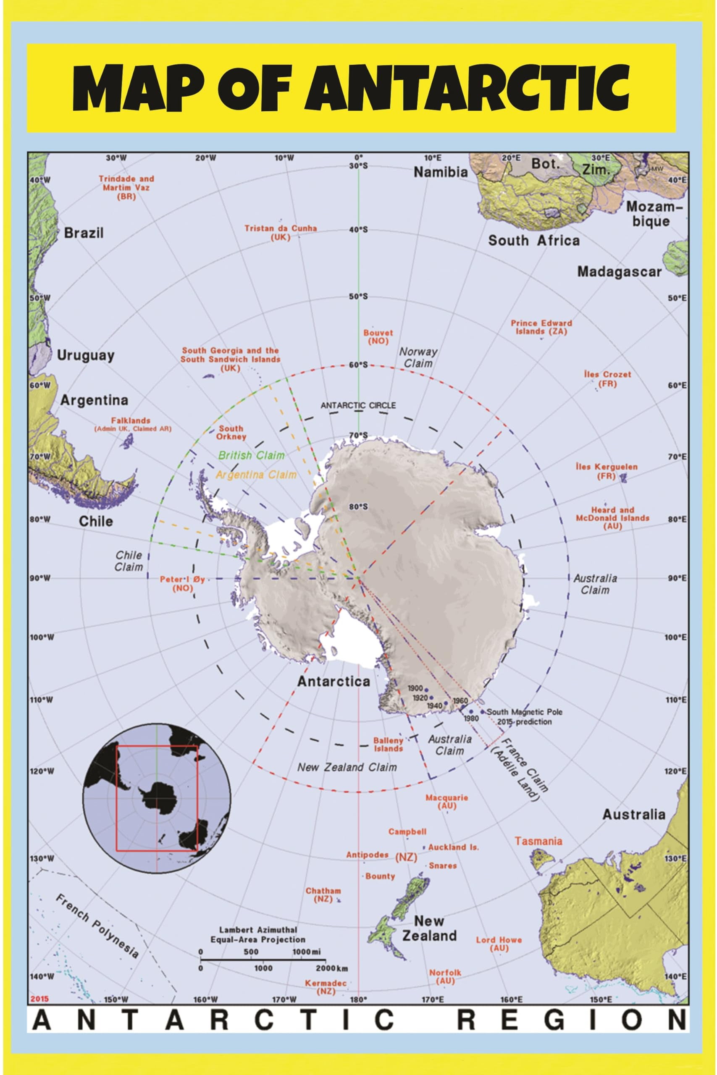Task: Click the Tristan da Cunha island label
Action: [280, 233]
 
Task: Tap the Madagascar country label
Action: [619, 272]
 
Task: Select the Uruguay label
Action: [86, 355]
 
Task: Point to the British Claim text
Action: [251, 455]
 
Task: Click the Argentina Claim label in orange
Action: [256, 475]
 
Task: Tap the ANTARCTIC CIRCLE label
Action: [358, 405]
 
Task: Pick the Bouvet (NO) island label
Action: [378, 337]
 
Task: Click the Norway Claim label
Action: [418, 357]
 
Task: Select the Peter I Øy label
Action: [182, 584]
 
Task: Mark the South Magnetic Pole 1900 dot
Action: [426, 690]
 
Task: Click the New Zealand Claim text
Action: [347, 767]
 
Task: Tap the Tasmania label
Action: [538, 841]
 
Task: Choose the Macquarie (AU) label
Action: [447, 802]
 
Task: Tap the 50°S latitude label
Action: [358, 296]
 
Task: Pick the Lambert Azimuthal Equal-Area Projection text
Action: [258, 935]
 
